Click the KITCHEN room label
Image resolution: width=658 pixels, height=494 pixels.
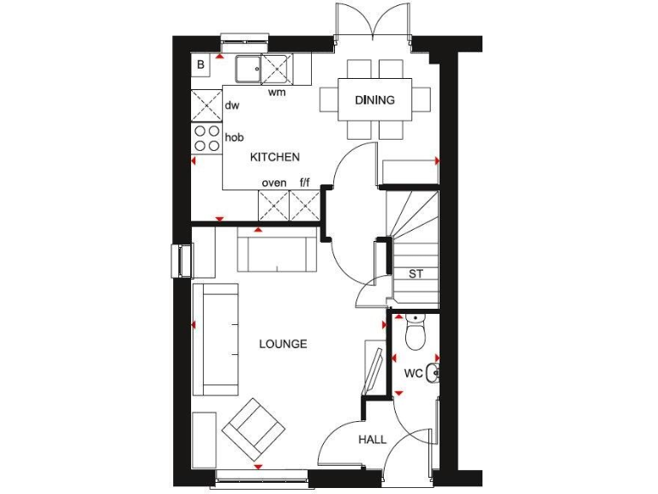coord(274,157)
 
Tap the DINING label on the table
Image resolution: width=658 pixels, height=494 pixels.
coord(375,100)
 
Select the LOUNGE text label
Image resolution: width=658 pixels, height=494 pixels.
coord(283,344)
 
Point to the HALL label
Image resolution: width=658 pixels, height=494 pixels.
coord(372,439)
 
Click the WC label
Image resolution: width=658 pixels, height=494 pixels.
coord(413,373)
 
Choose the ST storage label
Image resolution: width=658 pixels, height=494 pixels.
coord(416,274)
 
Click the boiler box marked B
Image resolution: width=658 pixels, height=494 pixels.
coord(201,64)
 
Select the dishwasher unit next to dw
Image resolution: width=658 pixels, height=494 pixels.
coord(206,105)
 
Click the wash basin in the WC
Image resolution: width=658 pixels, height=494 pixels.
coord(433,373)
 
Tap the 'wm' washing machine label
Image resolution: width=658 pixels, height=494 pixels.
coord(277,92)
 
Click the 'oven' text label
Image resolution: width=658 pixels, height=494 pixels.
coord(274,183)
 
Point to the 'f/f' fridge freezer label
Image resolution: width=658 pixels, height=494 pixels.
coord(304,183)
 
